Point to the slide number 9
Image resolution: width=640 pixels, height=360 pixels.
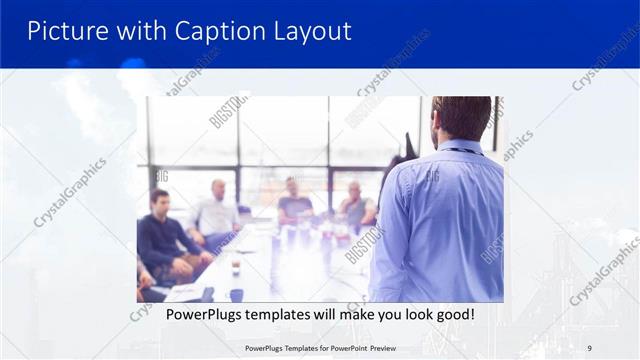[589, 348]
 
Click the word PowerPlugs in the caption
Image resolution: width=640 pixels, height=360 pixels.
[187, 315]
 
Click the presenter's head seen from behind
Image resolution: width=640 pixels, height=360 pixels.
[462, 118]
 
